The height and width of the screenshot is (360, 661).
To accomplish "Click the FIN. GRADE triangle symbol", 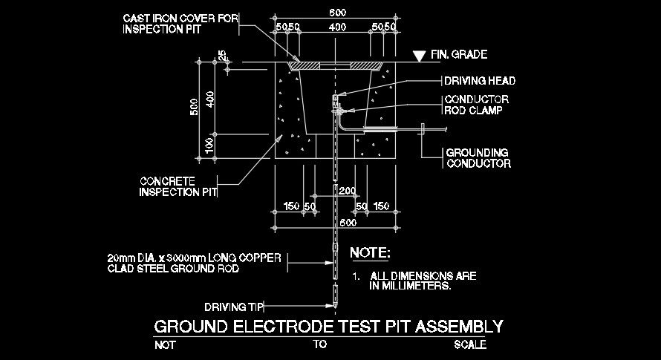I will [x=420, y=55].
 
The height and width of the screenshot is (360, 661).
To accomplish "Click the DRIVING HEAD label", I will [x=479, y=81].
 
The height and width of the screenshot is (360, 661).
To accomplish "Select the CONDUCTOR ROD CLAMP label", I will [x=475, y=105].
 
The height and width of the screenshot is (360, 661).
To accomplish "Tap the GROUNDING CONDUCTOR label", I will [x=478, y=158].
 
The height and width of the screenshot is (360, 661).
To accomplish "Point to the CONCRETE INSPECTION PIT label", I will [x=178, y=186].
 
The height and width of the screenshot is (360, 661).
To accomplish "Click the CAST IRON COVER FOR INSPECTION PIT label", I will [x=179, y=23].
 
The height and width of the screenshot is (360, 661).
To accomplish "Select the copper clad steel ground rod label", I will [x=194, y=264].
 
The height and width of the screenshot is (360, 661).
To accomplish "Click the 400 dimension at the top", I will [x=338, y=27].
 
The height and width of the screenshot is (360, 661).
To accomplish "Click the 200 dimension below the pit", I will [x=347, y=192].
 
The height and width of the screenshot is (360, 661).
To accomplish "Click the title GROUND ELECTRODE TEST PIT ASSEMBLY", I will [x=328, y=326].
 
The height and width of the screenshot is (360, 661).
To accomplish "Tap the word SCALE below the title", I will [x=470, y=344].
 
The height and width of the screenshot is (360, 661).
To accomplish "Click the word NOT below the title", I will [x=165, y=344].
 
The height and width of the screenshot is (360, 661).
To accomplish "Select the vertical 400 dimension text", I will [x=211, y=99].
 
